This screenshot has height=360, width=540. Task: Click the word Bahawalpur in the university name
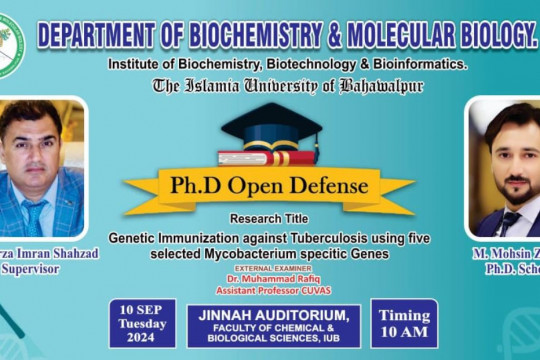(x=380, y=85)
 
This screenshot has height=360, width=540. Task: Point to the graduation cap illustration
(x=272, y=124)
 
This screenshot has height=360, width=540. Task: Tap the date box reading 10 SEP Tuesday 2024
(x=143, y=319)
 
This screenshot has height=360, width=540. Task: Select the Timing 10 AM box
(x=403, y=322)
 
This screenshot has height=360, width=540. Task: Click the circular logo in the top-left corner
(x=10, y=46)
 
